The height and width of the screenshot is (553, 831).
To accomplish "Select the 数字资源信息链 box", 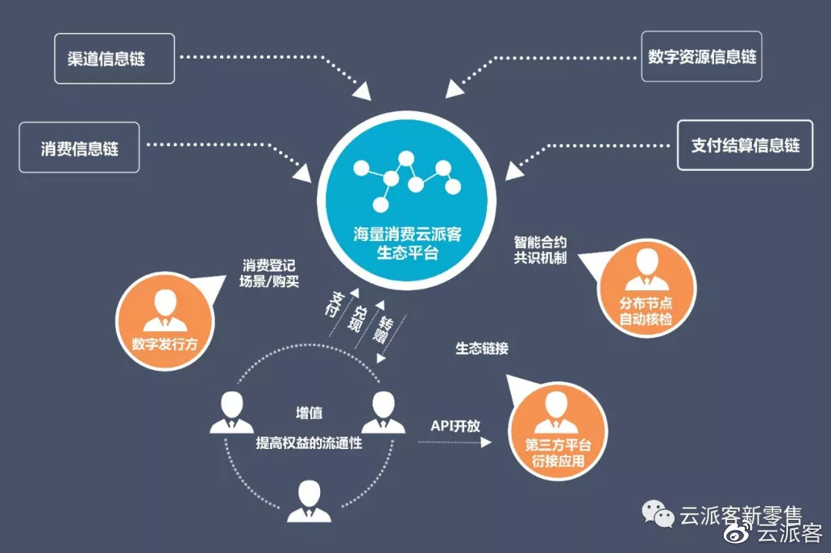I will pyautogui.click(x=702, y=56).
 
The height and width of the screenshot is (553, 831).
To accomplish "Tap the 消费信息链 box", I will pyautogui.click(x=79, y=147).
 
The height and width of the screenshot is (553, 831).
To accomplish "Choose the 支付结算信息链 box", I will pyautogui.click(x=745, y=145).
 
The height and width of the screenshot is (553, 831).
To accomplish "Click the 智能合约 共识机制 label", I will pyautogui.click(x=540, y=249).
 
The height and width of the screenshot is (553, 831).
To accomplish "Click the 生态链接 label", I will pyautogui.click(x=482, y=348).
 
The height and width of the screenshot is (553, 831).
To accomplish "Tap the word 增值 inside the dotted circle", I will pyautogui.click(x=309, y=413).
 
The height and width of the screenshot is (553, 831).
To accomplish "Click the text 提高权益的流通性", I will pyautogui.click(x=309, y=444).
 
